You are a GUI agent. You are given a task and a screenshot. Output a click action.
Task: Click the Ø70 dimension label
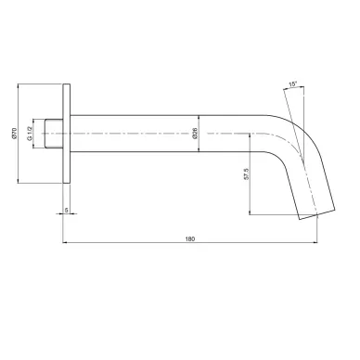coord(14,133)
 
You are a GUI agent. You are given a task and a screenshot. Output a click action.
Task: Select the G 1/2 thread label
coord(30,134)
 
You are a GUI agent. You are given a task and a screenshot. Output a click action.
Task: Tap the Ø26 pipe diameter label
coord(195,133)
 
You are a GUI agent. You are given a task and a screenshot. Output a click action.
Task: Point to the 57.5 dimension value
coord(246,174)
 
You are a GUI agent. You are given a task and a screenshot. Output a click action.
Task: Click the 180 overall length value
coord(190,238)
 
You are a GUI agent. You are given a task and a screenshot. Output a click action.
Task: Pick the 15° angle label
coord(292,84)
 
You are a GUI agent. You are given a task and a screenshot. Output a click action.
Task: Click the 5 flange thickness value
coord(66,210)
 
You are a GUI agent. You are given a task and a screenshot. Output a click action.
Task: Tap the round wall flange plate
coord(67,134)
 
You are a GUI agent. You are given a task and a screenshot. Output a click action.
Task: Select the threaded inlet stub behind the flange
coord(54,134)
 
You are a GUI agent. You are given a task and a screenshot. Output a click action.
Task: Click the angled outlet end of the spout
coord(316,213)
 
